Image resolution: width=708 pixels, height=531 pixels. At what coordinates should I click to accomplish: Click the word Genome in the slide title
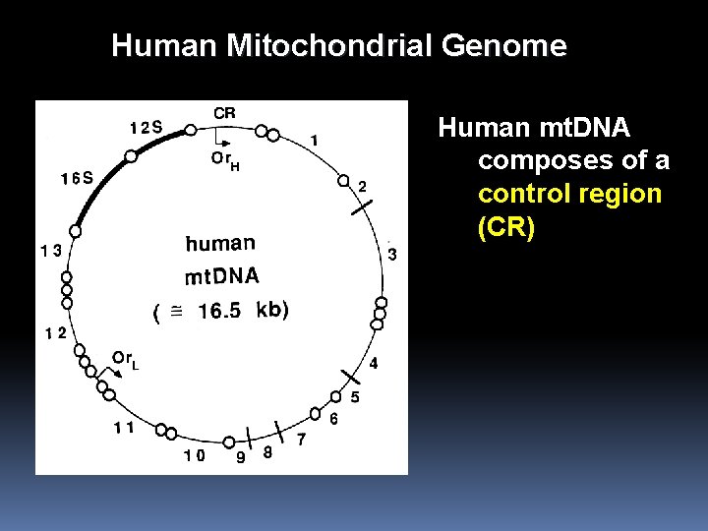(x=505, y=46)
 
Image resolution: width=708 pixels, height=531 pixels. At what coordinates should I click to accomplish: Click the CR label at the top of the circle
(x=224, y=113)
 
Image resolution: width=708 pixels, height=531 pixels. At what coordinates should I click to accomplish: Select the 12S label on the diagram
(x=146, y=127)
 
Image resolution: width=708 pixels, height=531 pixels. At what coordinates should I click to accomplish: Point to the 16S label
(x=77, y=178)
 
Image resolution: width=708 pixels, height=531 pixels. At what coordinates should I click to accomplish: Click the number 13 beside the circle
(x=50, y=250)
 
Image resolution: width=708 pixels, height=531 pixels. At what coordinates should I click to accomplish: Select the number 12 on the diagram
(x=55, y=332)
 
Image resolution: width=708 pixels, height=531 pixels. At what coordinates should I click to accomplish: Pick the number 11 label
(x=123, y=427)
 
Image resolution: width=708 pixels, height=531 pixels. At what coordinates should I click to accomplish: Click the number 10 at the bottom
(x=194, y=455)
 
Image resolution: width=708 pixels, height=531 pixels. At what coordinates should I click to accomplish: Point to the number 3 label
(x=392, y=256)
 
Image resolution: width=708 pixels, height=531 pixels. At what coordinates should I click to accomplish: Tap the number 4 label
(x=374, y=364)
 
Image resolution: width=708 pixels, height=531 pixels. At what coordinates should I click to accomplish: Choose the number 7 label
(x=301, y=439)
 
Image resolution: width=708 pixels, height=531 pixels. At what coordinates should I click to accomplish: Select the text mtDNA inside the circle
(x=221, y=276)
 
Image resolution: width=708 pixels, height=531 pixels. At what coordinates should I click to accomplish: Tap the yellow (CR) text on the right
(x=506, y=228)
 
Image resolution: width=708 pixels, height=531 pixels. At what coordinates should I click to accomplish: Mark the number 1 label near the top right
(x=314, y=141)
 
